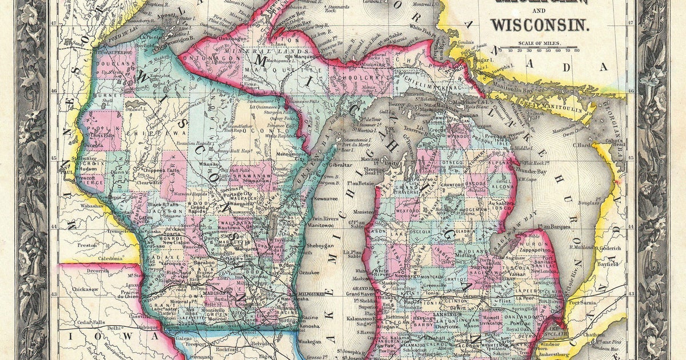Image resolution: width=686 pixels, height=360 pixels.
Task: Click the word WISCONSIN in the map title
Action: pyautogui.click(x=539, y=25)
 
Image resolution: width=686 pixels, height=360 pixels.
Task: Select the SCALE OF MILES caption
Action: pyautogui.click(x=540, y=43)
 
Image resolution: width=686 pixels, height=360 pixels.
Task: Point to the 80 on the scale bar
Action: pyautogui.click(x=576, y=51)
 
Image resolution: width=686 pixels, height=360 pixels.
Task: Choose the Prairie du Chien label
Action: pyautogui.click(x=129, y=291)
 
